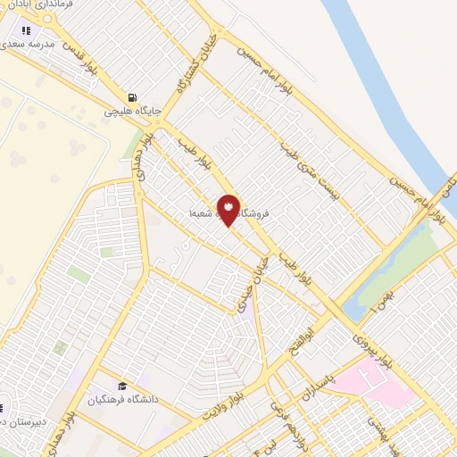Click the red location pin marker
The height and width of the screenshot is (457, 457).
point(228,209)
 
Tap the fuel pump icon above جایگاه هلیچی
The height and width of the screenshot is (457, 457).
point(132,97)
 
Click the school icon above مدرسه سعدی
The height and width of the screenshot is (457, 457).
point(38,30)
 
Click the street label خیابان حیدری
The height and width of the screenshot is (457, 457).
point(253,286)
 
